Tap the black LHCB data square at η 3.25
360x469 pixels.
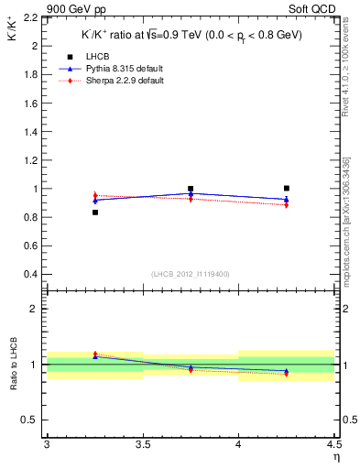tap(94, 213)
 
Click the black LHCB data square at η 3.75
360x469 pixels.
tap(191, 189)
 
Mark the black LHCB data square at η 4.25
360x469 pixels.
tap(287, 188)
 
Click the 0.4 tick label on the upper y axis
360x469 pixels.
tap(31, 275)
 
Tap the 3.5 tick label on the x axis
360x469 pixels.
tap(142, 445)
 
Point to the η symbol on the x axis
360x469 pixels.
tap(335, 456)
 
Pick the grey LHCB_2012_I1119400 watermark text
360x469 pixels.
tap(190, 274)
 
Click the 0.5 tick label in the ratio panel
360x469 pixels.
tap(31, 420)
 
